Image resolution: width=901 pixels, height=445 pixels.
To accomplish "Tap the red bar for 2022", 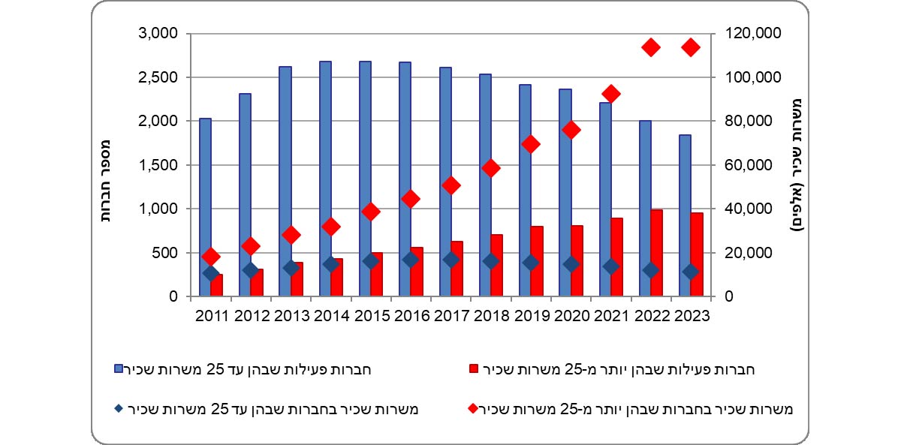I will point(657,253).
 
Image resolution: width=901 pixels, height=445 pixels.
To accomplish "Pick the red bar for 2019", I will point(537,261).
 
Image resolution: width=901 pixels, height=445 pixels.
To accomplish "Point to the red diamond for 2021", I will point(611,94).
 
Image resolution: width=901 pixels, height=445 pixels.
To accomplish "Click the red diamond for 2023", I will point(691,47).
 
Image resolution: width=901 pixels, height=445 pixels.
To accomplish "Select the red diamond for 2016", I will point(411,199).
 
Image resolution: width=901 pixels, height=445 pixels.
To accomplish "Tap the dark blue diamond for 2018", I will point(491,261).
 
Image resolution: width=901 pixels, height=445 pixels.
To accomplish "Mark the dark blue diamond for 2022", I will point(651,270).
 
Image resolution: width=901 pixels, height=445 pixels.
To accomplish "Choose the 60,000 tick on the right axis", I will point(752,165).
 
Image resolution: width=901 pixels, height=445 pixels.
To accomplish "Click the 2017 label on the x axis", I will point(450,316).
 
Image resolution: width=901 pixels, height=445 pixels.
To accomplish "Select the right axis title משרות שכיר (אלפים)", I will point(799,165).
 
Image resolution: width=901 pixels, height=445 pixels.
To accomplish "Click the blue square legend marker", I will point(118,368).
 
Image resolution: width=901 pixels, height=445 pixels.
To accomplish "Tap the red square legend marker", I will point(473,368).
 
